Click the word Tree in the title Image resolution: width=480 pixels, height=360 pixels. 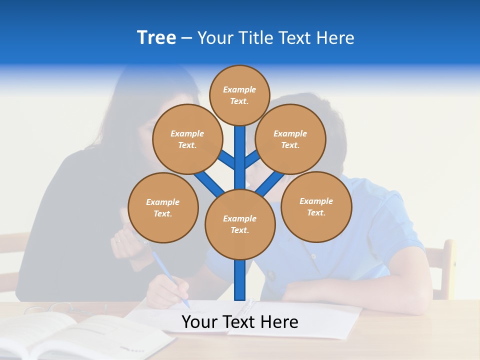click(x=156, y=38)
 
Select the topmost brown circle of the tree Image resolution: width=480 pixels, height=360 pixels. click(x=239, y=95)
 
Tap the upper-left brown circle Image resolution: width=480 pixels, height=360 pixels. click(x=187, y=139)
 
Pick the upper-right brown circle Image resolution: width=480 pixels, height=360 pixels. click(x=290, y=139)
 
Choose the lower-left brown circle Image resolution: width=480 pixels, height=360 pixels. click(x=163, y=207)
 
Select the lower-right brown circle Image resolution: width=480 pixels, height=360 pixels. click(x=316, y=206)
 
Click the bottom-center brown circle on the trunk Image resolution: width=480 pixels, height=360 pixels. click(x=240, y=224)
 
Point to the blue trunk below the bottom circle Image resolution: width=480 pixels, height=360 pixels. click(x=240, y=280)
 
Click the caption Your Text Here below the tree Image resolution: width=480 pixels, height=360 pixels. click(x=240, y=322)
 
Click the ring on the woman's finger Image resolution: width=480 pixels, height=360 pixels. click(x=118, y=241)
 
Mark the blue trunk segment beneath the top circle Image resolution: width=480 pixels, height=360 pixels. click(x=240, y=150)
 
